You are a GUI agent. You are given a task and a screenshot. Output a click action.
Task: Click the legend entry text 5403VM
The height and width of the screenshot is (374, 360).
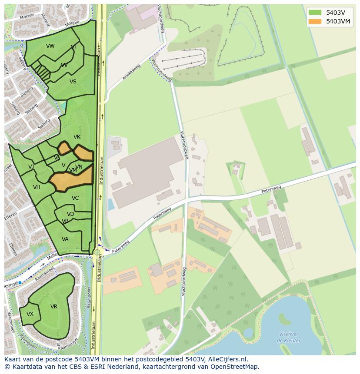pyautogui.click(x=338, y=21)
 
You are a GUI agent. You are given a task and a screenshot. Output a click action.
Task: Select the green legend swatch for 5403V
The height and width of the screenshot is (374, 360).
pyautogui.click(x=315, y=13)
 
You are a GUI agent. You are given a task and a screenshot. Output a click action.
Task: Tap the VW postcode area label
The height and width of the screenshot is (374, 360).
pyautogui.click(x=50, y=46)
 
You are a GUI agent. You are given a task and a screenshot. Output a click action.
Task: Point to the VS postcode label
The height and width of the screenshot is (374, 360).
pyautogui.click(x=73, y=82)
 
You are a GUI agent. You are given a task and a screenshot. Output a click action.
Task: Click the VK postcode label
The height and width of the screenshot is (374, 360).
pyautogui.click(x=77, y=137)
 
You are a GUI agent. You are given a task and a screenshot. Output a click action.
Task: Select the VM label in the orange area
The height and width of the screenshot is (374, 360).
pyautogui.click(x=73, y=171)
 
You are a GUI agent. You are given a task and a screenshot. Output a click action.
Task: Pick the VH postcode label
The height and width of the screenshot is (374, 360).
pyautogui.click(x=37, y=187)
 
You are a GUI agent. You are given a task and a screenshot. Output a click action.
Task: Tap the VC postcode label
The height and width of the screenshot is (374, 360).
pyautogui.click(x=75, y=198)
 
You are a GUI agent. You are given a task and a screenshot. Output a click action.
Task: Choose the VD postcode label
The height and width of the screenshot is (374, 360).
pyautogui.click(x=70, y=214)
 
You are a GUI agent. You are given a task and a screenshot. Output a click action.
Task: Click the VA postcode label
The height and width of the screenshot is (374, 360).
pyautogui.click(x=65, y=239)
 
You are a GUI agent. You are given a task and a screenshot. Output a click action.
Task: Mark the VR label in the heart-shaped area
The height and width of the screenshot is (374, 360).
pyautogui.click(x=54, y=307)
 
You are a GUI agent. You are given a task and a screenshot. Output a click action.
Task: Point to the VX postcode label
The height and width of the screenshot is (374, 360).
pyautogui.click(x=30, y=314)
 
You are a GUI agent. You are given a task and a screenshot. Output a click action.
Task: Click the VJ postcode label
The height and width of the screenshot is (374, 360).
pyautogui.click(x=31, y=167)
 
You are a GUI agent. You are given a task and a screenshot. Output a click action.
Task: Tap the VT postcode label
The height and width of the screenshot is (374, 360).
pyautogui.click(x=74, y=47)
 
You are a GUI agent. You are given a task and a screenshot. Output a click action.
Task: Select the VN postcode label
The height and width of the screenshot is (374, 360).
pyautogui.click(x=79, y=167)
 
